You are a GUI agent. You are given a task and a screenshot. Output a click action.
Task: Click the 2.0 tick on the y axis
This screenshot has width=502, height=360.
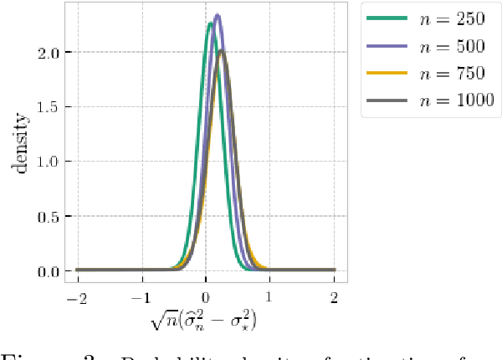49,53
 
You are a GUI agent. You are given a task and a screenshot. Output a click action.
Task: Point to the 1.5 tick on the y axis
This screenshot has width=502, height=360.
49,107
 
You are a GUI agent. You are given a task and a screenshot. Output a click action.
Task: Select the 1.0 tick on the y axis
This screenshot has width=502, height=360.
49,162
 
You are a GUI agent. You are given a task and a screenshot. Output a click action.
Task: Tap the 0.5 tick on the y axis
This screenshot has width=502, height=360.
49,216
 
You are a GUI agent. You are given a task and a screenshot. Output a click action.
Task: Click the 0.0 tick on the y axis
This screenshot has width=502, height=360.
49,271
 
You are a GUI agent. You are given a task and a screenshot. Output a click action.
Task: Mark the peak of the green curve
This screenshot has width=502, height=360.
210,24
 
